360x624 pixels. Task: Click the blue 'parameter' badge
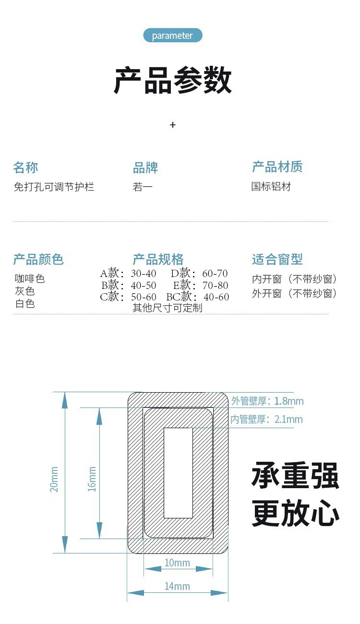coord(173,36)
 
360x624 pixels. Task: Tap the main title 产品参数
coord(173,80)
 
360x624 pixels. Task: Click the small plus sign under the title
coord(173,125)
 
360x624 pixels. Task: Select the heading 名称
coord(25,168)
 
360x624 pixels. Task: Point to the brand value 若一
coord(143,187)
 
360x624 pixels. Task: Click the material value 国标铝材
coord(271,186)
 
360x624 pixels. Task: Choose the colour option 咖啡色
coord(30,278)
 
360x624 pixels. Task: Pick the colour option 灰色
coord(25,291)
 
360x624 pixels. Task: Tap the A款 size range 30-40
coord(144,274)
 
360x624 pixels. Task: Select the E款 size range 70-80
coord(216,285)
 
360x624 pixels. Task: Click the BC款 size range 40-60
coord(216,297)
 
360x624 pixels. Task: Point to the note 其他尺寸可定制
coord(168,308)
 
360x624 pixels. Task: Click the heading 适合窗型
coord(277,259)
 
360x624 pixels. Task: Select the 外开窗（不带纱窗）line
coord(295,293)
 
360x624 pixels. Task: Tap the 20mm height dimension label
coord(54,479)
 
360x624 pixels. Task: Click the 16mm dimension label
coord(92,479)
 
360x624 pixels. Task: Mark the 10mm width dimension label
coord(177,563)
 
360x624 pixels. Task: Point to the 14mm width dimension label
coord(177,587)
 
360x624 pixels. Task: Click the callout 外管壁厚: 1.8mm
coord(267,401)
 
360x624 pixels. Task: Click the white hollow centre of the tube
coord(179,473)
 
